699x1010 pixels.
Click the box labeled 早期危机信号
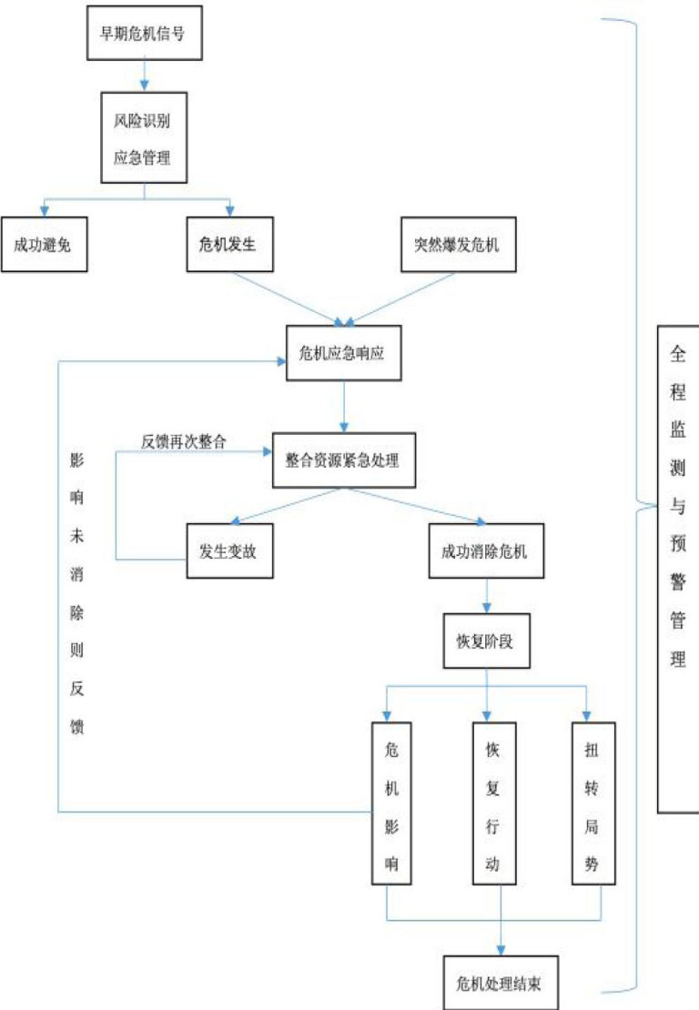(145, 33)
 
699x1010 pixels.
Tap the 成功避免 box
(44, 245)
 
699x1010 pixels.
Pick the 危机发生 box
(229, 245)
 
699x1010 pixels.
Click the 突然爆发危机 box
(458, 245)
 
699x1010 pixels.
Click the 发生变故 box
(229, 550)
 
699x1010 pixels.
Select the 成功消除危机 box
(485, 550)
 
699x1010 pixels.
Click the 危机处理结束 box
(498, 982)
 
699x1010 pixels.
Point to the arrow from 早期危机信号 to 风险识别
(146, 74)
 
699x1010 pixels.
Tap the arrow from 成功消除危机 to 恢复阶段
(487, 596)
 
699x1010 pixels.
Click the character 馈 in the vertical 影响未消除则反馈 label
(76, 727)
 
